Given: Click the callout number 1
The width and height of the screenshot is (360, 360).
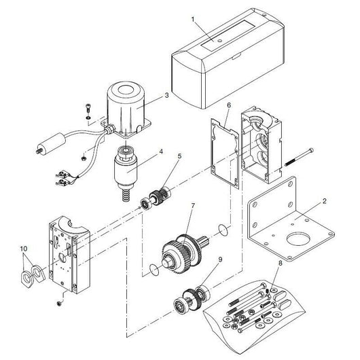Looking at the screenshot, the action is click(193, 20).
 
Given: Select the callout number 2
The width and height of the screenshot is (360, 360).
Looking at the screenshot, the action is click(324, 201).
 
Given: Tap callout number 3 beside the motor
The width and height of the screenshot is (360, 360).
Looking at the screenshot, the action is click(166, 95).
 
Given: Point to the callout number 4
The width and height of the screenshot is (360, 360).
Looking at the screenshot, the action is click(161, 151).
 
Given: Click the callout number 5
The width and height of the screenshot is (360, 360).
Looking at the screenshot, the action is click(179, 156).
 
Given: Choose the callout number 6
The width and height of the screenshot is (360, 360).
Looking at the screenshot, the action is click(229, 105).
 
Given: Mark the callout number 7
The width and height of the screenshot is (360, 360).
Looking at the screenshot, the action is click(193, 206).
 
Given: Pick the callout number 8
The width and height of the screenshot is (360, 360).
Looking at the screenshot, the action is click(280, 263).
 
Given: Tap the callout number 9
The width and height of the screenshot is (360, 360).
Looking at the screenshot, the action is click(220, 259).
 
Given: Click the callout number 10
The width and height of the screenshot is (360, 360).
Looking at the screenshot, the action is click(23, 249).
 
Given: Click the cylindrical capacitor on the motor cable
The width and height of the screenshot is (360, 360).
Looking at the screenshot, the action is click(51, 143).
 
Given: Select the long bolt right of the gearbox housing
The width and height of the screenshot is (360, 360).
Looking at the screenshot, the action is click(299, 157).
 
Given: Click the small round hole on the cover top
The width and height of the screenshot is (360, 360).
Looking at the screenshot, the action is click(220, 41).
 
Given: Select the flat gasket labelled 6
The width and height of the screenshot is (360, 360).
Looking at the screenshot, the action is click(224, 154).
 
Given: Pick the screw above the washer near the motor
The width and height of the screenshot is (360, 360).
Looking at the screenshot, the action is click(88, 108).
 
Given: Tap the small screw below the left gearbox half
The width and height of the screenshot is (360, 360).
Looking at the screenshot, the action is click(59, 304).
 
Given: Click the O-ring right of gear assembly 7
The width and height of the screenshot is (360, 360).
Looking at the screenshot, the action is click(223, 230).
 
